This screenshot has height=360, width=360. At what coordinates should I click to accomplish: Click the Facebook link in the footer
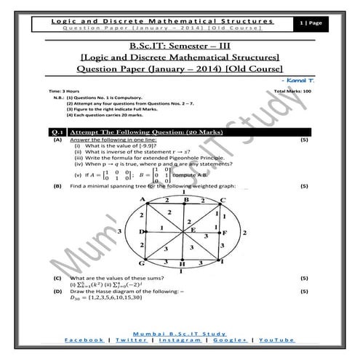(x=85, y=340)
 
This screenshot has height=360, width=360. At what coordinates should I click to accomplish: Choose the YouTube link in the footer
(x=276, y=340)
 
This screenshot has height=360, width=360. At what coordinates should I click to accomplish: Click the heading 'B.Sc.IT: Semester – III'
(x=180, y=46)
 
